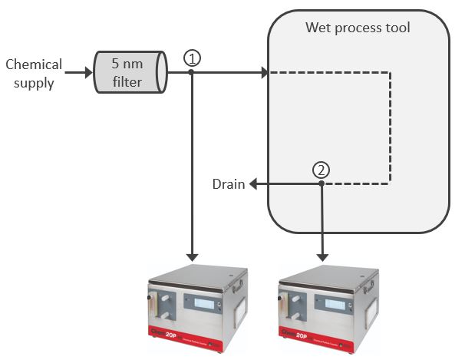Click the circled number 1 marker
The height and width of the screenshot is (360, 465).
click(192, 58)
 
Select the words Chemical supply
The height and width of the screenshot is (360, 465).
click(33, 73)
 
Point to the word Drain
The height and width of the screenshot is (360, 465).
click(229, 184)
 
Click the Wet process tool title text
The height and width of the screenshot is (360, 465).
click(358, 28)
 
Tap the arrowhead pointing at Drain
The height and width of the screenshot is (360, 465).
click(252, 184)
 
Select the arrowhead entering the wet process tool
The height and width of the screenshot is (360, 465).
click(263, 73)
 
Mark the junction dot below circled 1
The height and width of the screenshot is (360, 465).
click(192, 73)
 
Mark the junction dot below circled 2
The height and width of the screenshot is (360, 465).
click(322, 184)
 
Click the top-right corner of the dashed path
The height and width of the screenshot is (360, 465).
click(392, 73)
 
